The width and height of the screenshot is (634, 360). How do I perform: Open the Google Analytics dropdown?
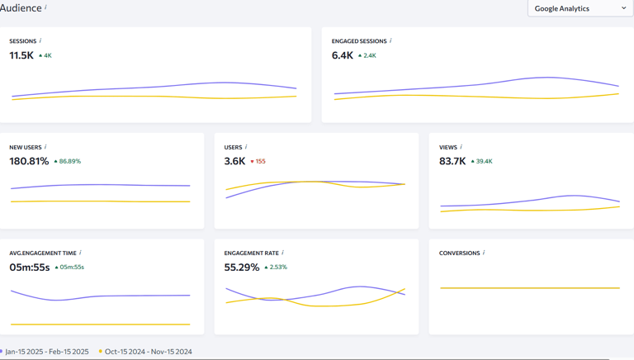(580, 8)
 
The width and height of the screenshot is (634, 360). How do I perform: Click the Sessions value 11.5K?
(21, 55)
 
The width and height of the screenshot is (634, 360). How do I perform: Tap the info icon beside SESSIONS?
(40, 40)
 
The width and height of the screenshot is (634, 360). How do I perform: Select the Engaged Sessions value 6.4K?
(343, 55)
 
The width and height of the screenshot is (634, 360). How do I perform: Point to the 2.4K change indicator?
(367, 56)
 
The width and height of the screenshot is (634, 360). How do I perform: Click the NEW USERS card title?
(26, 147)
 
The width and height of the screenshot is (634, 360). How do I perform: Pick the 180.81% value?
(29, 161)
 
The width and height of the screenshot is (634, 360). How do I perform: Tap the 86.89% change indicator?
(68, 162)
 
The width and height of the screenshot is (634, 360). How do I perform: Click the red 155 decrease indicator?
(258, 162)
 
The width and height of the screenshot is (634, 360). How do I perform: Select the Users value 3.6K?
(234, 161)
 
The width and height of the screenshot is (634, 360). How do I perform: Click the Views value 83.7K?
(452, 161)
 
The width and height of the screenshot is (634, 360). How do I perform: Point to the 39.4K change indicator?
(482, 162)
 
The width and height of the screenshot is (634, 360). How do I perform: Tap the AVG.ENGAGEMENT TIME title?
(43, 253)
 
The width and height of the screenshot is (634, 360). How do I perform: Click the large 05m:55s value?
(30, 267)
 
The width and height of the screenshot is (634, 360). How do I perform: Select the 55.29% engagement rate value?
(242, 267)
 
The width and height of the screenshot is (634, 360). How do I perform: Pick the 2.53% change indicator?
(277, 268)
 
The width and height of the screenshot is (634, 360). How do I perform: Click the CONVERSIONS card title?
(459, 253)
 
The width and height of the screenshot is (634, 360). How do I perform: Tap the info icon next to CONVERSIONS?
(484, 253)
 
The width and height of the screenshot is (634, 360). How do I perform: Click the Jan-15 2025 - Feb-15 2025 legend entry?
(46, 352)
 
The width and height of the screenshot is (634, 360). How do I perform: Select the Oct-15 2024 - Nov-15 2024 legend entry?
(148, 352)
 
